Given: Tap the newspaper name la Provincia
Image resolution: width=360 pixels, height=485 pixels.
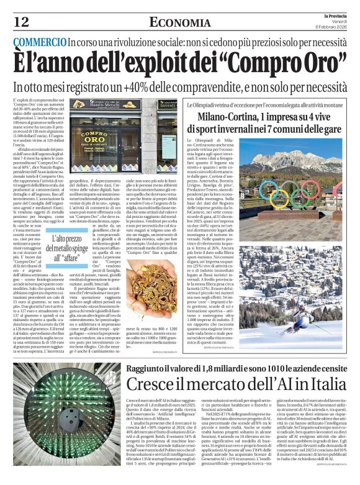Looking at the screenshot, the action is [x=335, y=15].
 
